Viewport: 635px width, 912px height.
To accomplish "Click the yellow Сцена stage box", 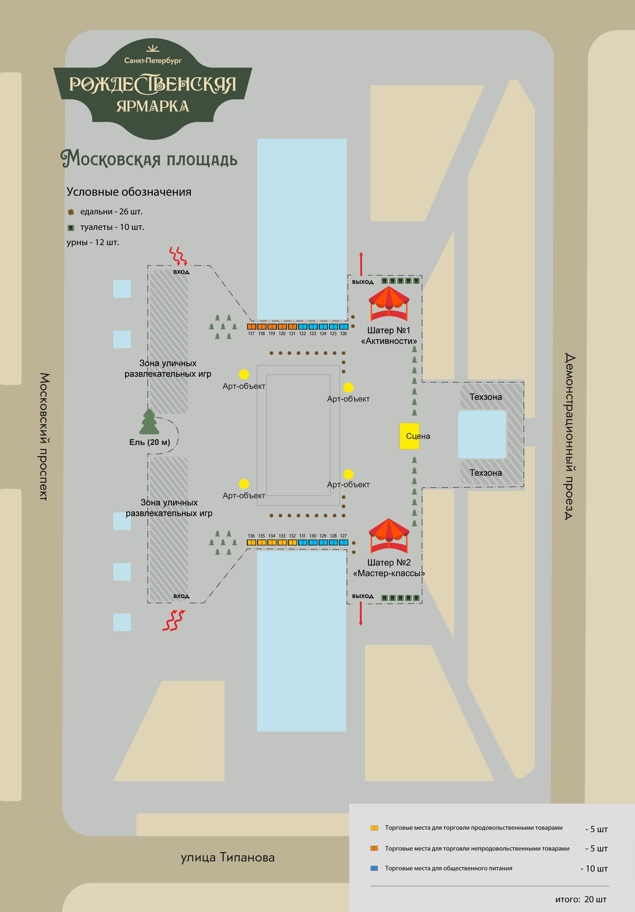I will (409, 436).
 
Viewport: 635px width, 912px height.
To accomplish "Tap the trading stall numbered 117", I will (251, 327).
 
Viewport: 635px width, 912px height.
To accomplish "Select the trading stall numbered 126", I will (344, 327).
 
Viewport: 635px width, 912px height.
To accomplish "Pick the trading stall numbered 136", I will (251, 542).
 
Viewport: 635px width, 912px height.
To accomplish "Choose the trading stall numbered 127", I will (344, 542).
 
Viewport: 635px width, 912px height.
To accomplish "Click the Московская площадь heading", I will (149, 159).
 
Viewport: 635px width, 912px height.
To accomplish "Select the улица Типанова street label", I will (227, 857).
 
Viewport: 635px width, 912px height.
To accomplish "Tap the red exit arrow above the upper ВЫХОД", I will (361, 263).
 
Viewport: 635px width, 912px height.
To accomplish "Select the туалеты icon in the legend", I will (71, 228).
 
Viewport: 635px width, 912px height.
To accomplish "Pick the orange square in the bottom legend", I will (374, 848).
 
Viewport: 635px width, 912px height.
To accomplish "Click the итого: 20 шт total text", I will (581, 899).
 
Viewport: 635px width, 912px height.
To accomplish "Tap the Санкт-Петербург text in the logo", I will (153, 60).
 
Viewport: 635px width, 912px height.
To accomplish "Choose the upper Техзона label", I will (485, 397).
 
